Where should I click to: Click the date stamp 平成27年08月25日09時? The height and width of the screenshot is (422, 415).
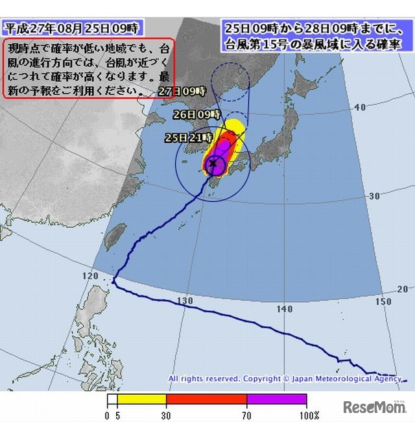click(x=71, y=28)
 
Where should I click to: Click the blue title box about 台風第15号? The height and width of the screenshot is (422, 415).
click(x=313, y=36)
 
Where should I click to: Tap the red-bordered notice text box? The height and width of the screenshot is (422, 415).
click(x=89, y=68)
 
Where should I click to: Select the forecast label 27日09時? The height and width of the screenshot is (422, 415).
click(x=182, y=91)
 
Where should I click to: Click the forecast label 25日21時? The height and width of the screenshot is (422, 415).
click(x=188, y=138)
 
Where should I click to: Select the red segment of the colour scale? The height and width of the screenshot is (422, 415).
click(x=206, y=400)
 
